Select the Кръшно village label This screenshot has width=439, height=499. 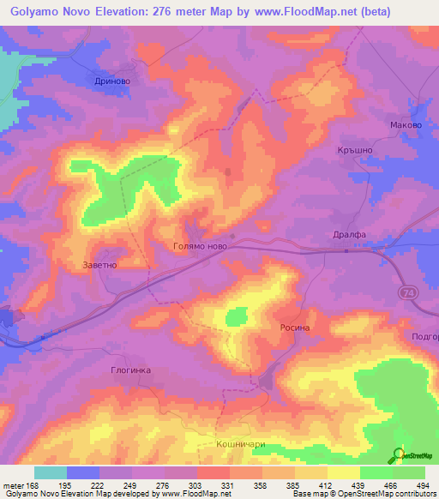(352, 150)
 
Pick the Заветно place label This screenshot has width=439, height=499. (99, 265)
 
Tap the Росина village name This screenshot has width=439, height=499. (293, 328)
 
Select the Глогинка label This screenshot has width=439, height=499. (131, 370)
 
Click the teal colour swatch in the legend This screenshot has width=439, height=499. (51, 472)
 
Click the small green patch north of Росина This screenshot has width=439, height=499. (234, 318)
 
